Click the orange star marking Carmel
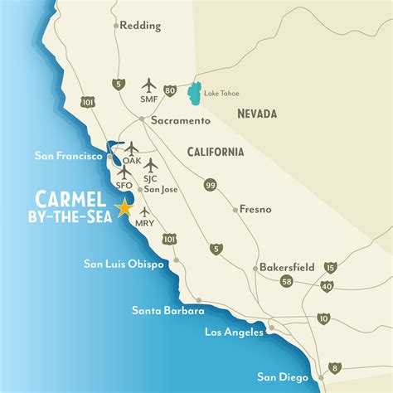click(x=125, y=207)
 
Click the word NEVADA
click(x=255, y=114)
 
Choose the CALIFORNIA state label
click(x=215, y=152)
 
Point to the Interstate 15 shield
click(x=332, y=267)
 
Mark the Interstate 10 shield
click(x=323, y=318)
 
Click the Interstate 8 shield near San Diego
click(x=334, y=367)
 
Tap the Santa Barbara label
click(x=167, y=310)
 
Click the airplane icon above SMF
click(x=150, y=85)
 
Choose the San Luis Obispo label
click(x=124, y=264)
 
